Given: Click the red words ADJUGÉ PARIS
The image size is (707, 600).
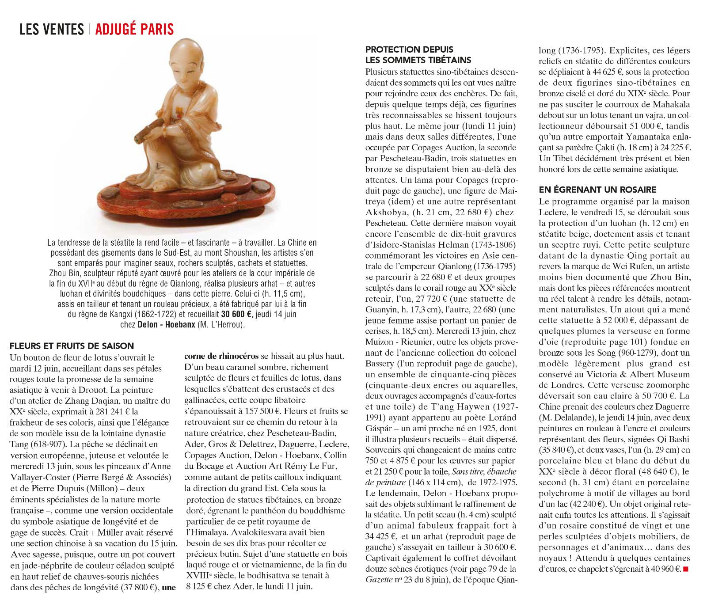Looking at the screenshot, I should (134, 29).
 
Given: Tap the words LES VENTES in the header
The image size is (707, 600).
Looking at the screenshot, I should (52, 29).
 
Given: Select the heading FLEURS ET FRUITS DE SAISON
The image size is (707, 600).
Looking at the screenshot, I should (72, 346).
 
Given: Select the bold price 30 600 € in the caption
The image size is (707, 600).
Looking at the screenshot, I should (236, 314).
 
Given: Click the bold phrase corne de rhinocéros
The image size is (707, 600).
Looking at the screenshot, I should (221, 356).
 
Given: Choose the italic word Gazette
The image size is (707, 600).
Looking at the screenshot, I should (379, 579).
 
